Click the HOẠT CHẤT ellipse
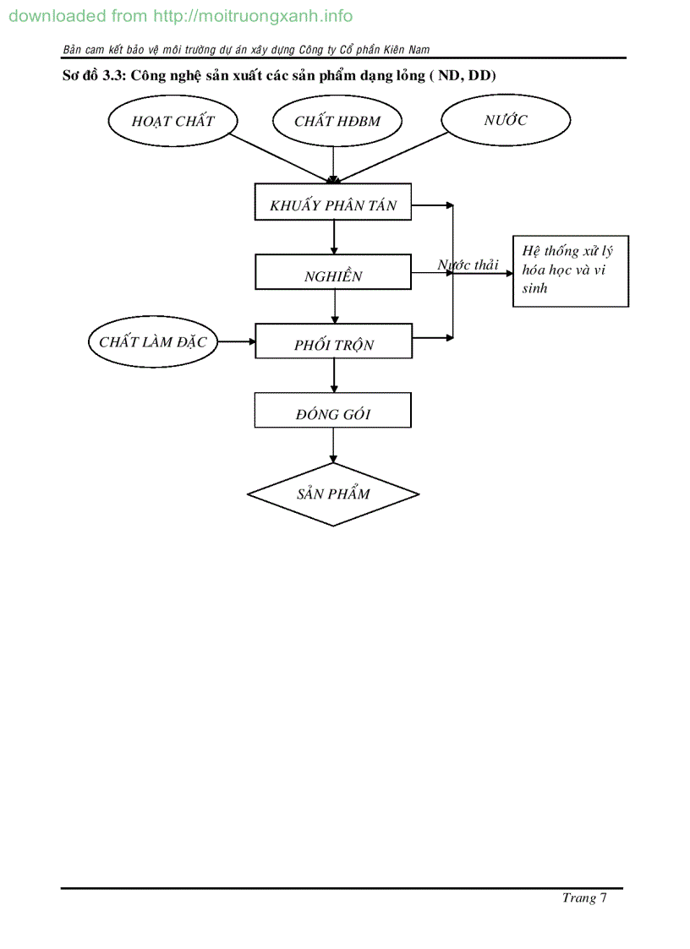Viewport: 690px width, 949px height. click(x=172, y=121)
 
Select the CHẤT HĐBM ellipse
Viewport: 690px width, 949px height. click(x=337, y=121)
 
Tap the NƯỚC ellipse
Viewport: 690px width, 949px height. click(x=505, y=120)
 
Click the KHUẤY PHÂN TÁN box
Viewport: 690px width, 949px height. click(x=333, y=205)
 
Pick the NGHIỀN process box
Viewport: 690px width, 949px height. click(x=333, y=276)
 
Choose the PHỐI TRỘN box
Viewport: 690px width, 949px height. click(x=333, y=345)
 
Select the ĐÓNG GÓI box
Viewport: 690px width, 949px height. click(x=333, y=414)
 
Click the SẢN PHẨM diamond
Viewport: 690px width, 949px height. click(x=333, y=494)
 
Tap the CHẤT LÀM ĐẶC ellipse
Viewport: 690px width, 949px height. click(x=152, y=341)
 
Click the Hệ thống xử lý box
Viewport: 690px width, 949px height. click(x=571, y=270)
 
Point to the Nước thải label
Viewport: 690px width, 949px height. click(x=468, y=265)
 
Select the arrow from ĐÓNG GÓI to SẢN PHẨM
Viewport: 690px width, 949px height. click(x=333, y=445)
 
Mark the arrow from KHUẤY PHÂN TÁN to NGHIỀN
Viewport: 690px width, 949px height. click(x=335, y=238)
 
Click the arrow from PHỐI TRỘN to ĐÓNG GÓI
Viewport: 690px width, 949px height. click(x=334, y=375)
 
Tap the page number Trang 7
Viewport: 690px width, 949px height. click(x=584, y=897)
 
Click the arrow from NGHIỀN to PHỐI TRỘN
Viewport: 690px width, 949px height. click(x=336, y=307)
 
